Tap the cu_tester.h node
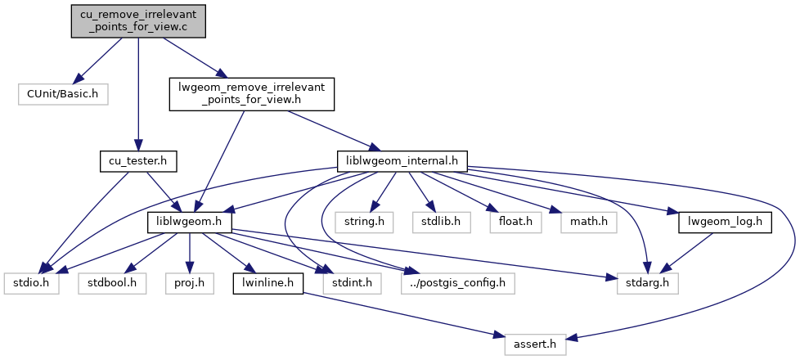click(137, 160)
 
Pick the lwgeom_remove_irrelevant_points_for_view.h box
click(251, 94)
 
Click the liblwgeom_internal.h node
click(402, 160)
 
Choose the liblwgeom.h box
click(190, 222)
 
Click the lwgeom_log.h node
click(726, 222)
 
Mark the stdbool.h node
click(112, 283)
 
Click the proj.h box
click(189, 283)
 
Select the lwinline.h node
click(268, 283)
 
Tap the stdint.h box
click(348, 283)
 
